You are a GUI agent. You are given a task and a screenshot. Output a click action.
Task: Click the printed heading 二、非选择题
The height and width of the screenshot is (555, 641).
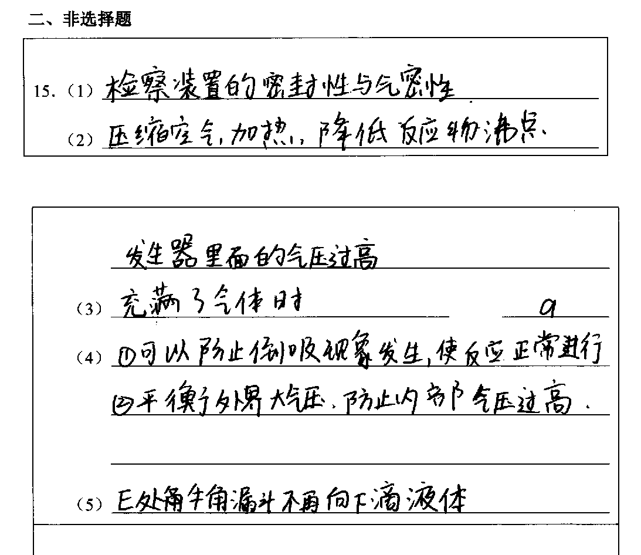tap(80, 20)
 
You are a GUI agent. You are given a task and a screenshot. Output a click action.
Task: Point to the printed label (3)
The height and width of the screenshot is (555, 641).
tap(89, 309)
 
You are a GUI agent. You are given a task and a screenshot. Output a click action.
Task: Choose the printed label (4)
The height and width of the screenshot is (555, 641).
tap(89, 358)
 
